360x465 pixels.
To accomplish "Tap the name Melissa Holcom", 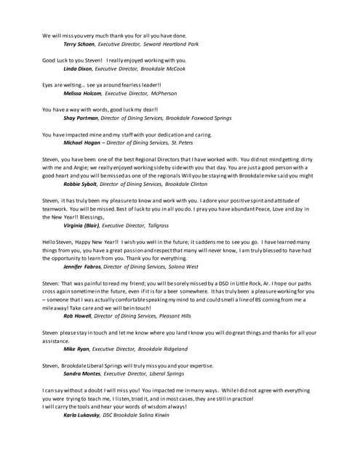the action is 82,94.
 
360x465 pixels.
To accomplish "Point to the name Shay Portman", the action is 81,118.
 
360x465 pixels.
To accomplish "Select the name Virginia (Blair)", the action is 84,226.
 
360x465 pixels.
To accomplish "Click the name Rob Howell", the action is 78,317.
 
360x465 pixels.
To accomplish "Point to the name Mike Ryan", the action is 76,349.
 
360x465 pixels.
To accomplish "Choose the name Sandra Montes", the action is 82,373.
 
